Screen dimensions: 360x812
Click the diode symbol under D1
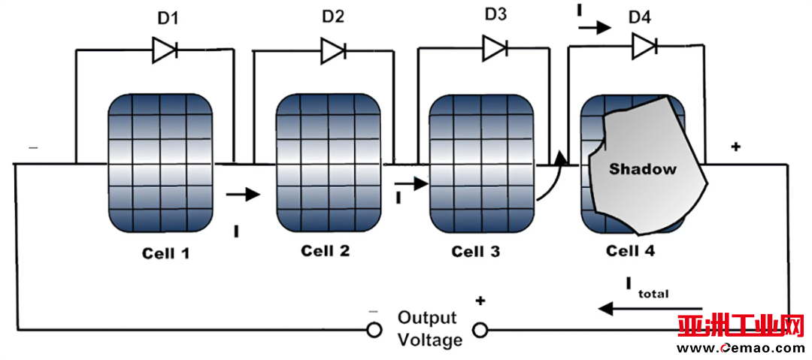coord(165,50)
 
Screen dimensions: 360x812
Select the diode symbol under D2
coord(333,50)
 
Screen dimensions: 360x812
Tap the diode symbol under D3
coord(495,49)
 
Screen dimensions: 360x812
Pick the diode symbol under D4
coord(644,47)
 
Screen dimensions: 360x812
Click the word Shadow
coord(642,169)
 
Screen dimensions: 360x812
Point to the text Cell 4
coord(630,251)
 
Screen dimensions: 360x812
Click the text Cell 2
coord(326,251)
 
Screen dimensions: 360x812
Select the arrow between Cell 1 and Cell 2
coord(243,195)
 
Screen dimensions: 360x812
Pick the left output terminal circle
coord(374,329)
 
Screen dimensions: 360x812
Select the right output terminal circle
coord(479,329)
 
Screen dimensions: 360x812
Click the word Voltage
coord(430,340)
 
